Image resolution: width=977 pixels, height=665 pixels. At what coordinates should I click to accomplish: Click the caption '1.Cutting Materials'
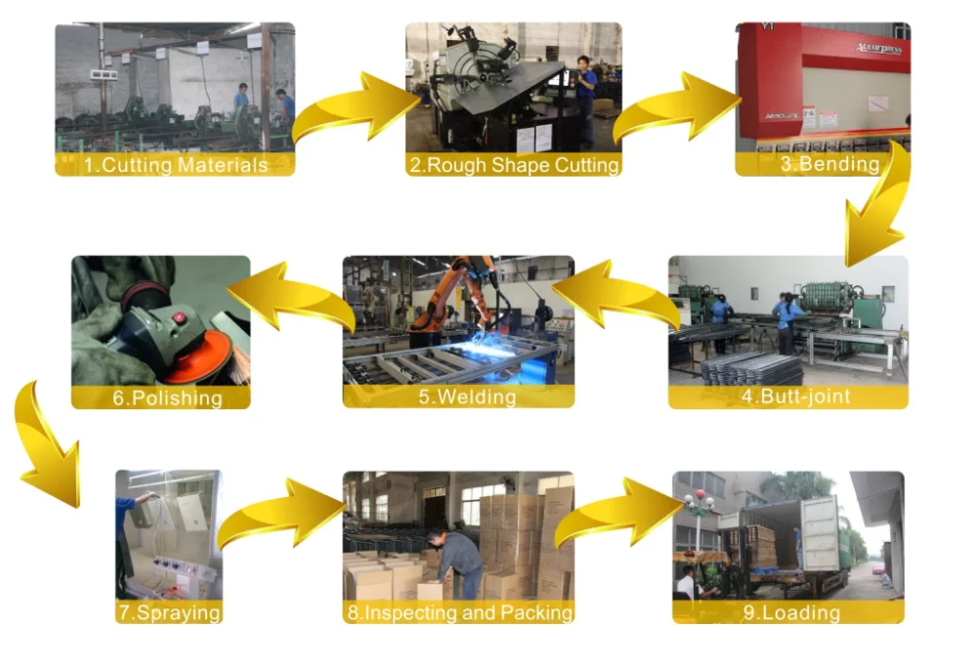[x=175, y=165]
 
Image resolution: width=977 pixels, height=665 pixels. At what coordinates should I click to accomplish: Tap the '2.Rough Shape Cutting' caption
[x=514, y=165]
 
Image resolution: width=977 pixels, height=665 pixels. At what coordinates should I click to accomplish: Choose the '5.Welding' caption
[x=458, y=396]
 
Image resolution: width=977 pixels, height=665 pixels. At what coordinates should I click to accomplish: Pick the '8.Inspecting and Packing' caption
[x=458, y=613]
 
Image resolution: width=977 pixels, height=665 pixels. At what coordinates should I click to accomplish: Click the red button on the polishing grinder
[x=179, y=318]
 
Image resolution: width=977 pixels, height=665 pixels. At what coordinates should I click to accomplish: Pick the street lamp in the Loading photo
[x=698, y=513]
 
